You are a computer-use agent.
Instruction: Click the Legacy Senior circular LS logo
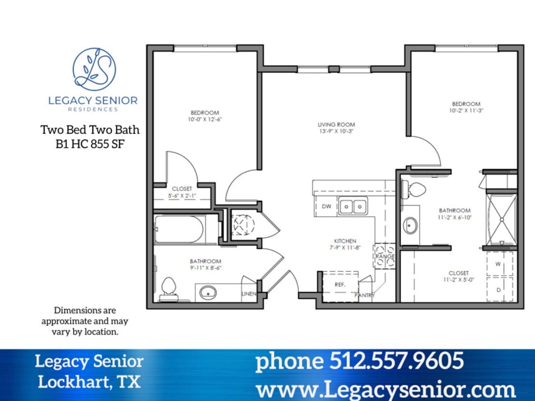pyautogui.click(x=94, y=69)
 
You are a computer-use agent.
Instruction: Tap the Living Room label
pyautogui.click(x=337, y=124)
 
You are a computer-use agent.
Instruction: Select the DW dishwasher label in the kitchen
pyautogui.click(x=326, y=206)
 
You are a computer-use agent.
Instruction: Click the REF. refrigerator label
pyautogui.click(x=340, y=284)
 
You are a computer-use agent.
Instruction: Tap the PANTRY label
pyautogui.click(x=365, y=295)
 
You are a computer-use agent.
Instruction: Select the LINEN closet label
pyautogui.click(x=249, y=294)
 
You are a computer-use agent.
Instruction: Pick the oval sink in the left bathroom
pyautogui.click(x=208, y=292)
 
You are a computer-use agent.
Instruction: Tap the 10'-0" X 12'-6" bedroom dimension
pyautogui.click(x=204, y=119)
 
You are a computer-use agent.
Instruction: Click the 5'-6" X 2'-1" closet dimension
pyautogui.click(x=182, y=195)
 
